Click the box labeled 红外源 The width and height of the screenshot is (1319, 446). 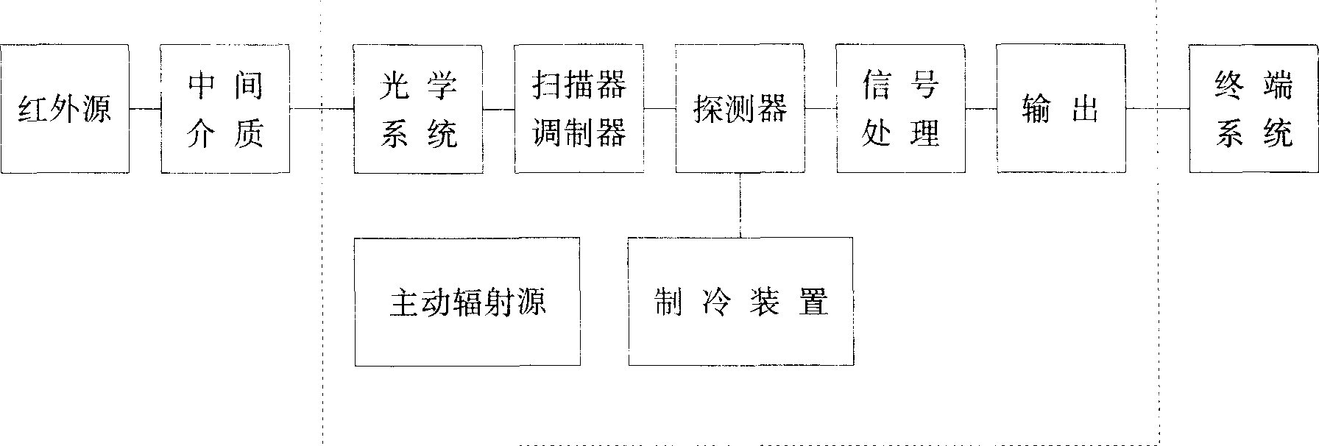pyautogui.click(x=65, y=109)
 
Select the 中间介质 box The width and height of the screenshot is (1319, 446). pyautogui.click(x=225, y=109)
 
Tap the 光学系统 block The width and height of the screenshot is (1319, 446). pyautogui.click(x=418, y=109)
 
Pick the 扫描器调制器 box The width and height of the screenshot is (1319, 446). pyautogui.click(x=579, y=109)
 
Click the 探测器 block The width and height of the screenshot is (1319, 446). pyautogui.click(x=740, y=109)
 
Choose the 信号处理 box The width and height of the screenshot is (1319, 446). pyautogui.click(x=900, y=109)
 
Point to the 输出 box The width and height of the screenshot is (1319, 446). pyautogui.click(x=1061, y=109)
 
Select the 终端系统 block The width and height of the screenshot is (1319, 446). pyautogui.click(x=1253, y=109)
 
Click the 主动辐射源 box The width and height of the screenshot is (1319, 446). pyautogui.click(x=467, y=302)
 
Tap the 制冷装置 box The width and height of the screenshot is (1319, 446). pyautogui.click(x=740, y=302)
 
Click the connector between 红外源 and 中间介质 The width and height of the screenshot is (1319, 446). pyautogui.click(x=145, y=109)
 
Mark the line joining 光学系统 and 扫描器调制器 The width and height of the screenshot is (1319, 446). pyautogui.click(x=498, y=109)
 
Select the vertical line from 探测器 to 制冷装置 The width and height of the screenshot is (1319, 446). pyautogui.click(x=740, y=205)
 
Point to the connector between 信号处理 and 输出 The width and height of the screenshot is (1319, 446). pyautogui.click(x=980, y=109)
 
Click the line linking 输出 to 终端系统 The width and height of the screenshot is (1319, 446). pyautogui.click(x=1157, y=109)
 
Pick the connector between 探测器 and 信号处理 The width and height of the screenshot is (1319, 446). pyautogui.click(x=820, y=109)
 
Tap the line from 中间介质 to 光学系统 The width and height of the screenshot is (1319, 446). pyautogui.click(x=321, y=109)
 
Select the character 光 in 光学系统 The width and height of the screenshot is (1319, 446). pyautogui.click(x=394, y=87)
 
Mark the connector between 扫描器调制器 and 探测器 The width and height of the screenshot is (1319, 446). pyautogui.click(x=659, y=109)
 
